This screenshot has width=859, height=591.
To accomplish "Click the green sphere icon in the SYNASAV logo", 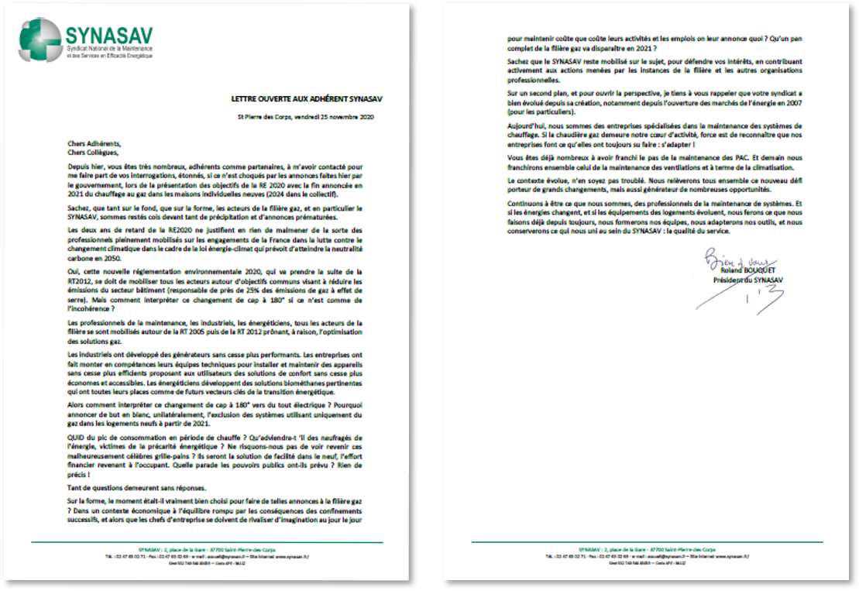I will (40, 40).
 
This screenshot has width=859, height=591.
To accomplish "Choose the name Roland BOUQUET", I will (744, 271).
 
